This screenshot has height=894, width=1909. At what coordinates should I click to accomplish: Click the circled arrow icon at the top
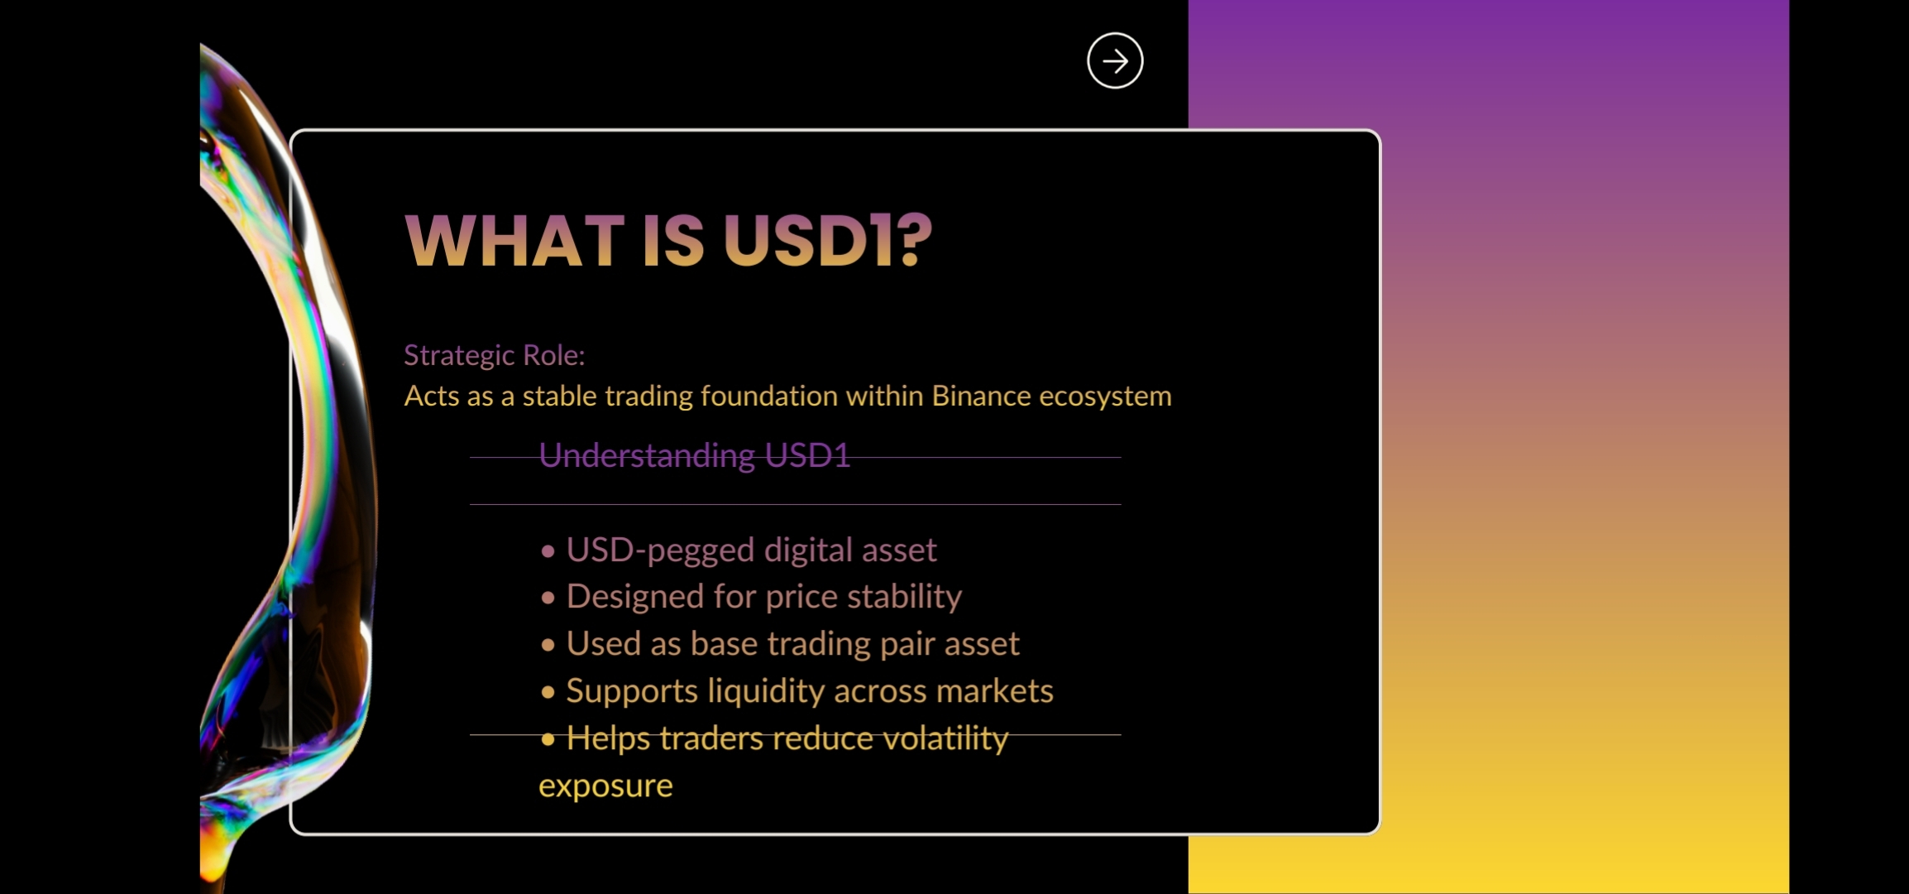(1115, 60)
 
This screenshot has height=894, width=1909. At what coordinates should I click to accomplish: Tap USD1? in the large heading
(828, 241)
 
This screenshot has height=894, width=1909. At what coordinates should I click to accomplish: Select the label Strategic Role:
(494, 355)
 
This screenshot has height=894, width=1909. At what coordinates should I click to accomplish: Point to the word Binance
(981, 396)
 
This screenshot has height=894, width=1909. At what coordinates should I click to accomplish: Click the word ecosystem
(1105, 397)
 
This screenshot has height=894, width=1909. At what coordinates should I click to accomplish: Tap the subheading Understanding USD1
(695, 456)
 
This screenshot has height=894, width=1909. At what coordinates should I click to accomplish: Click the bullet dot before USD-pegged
(548, 551)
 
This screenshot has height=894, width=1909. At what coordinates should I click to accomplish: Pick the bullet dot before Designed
(548, 598)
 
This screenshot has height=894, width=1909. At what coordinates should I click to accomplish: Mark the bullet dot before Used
(548, 645)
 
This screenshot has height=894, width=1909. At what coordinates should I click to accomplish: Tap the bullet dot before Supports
(548, 692)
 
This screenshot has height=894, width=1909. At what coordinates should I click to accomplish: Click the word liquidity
(766, 692)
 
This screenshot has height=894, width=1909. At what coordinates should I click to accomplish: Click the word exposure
(605, 786)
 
